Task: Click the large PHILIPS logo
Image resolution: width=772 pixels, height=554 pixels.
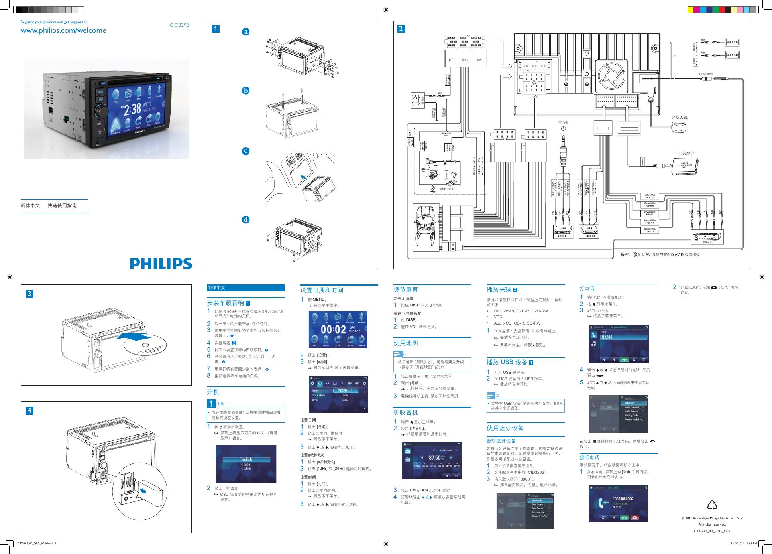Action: (x=161, y=264)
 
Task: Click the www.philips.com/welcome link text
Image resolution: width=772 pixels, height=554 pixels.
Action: (x=63, y=30)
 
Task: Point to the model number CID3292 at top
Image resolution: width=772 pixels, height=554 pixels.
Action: (x=179, y=25)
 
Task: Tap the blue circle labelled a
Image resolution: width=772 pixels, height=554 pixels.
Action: (x=246, y=32)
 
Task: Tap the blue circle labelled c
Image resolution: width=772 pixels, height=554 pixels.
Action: (x=246, y=151)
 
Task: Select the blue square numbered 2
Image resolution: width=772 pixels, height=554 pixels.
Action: (x=401, y=29)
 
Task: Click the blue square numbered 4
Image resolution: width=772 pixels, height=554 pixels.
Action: (x=29, y=411)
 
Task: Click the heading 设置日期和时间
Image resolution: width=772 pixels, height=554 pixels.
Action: (x=322, y=290)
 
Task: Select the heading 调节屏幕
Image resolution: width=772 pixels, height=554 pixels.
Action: (x=406, y=290)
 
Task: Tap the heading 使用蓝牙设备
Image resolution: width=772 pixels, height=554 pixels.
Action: (x=505, y=428)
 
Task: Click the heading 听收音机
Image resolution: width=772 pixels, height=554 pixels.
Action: (x=406, y=412)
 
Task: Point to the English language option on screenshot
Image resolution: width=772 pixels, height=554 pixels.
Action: (x=246, y=459)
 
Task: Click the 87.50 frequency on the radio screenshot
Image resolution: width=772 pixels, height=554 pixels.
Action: (x=434, y=458)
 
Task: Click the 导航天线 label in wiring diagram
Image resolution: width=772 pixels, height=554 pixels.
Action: (x=679, y=118)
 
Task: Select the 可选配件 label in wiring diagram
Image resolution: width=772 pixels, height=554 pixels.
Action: (x=686, y=153)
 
